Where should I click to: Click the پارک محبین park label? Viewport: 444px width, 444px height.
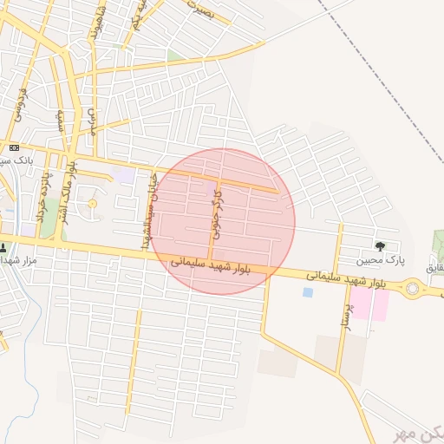380,260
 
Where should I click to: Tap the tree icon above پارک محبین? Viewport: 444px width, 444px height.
380,246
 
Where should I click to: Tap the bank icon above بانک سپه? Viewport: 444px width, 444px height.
14,147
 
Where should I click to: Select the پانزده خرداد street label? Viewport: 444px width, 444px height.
42,195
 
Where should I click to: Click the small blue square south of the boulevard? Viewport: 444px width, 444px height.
308,292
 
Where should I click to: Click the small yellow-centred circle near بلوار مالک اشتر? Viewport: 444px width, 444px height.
92,204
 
